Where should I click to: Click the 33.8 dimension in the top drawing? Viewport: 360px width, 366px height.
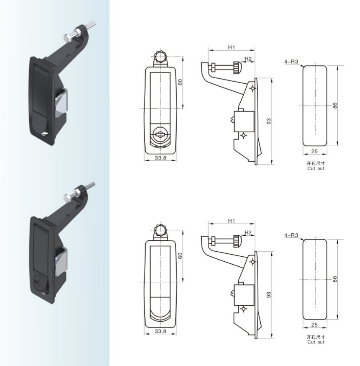pos(160,158)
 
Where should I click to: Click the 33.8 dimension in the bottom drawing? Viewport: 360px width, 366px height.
pos(160,331)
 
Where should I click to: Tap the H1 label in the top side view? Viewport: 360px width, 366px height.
pos(231,47)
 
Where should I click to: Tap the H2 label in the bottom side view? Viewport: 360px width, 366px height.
pos(248,232)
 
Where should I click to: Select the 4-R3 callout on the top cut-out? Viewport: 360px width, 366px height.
pos(291,62)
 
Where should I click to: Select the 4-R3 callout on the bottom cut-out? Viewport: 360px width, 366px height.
pos(291,235)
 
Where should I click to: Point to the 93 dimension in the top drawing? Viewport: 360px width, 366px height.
pos(269,121)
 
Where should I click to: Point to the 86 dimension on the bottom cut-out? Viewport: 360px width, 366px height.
pos(335,279)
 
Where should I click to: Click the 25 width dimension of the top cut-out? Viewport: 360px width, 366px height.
pos(314,151)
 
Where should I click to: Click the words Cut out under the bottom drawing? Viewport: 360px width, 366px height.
pos(316,342)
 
